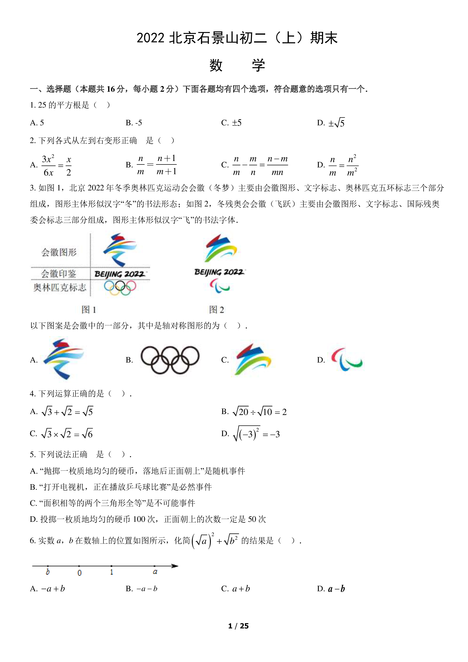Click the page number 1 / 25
pos(238,626)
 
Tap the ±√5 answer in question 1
pos(336,123)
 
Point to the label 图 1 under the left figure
pos(89,310)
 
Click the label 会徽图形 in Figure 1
pos(59,252)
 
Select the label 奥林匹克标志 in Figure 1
pos(60,287)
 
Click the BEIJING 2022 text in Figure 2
pos(220,272)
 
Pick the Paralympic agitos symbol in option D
pos(347,359)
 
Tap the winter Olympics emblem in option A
pos(63,359)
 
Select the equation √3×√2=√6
pos(67,434)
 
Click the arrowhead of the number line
pos(175,566)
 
